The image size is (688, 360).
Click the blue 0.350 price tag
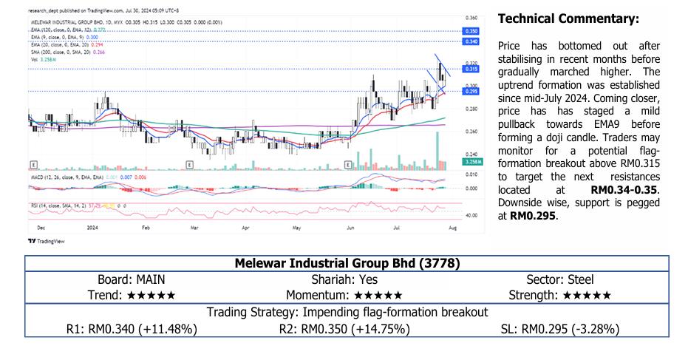[x=471, y=31]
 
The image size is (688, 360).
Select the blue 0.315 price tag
[x=471, y=69]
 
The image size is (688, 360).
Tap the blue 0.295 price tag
[x=471, y=91]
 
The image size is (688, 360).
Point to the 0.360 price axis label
[x=471, y=17]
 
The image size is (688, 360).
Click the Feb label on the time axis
[x=146, y=229]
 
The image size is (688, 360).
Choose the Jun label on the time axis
[x=350, y=229]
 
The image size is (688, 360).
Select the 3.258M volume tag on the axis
[x=471, y=161]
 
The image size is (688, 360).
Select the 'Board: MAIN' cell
[x=132, y=279]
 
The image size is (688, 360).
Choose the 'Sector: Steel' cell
[x=559, y=279]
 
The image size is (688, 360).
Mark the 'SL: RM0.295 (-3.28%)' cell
[x=559, y=328]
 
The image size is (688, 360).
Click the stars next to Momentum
[x=381, y=295]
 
